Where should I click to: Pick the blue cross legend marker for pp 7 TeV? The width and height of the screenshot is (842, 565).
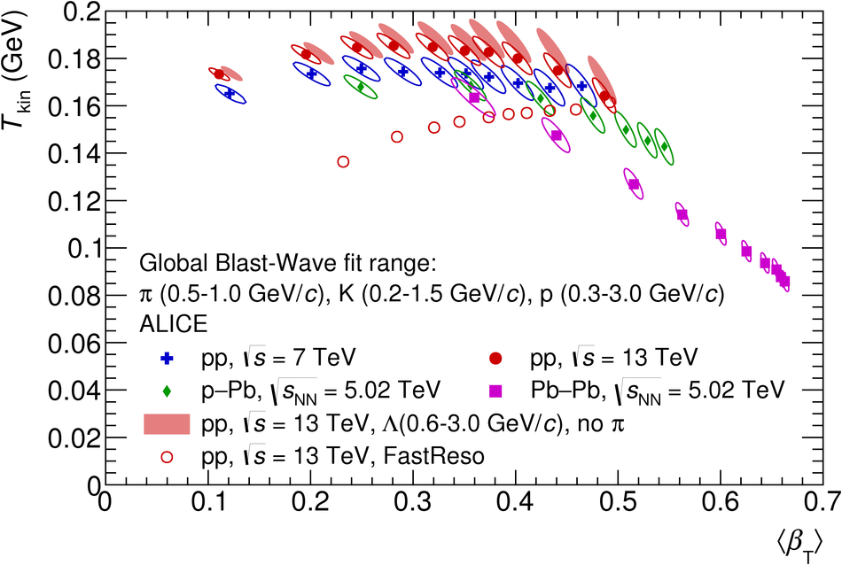point(168,359)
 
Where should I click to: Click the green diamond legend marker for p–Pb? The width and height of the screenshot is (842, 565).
point(168,390)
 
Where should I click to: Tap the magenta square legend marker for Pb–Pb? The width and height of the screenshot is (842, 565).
point(496,390)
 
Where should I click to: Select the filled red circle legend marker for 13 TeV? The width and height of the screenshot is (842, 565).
point(496,359)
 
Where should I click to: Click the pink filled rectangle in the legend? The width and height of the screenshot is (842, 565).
point(168,423)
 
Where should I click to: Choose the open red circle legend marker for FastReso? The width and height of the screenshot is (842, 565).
point(168,456)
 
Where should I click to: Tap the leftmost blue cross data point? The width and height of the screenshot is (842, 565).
point(230,93)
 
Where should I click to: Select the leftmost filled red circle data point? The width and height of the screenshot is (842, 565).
point(219,74)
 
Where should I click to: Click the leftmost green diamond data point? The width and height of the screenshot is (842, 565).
point(360,87)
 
